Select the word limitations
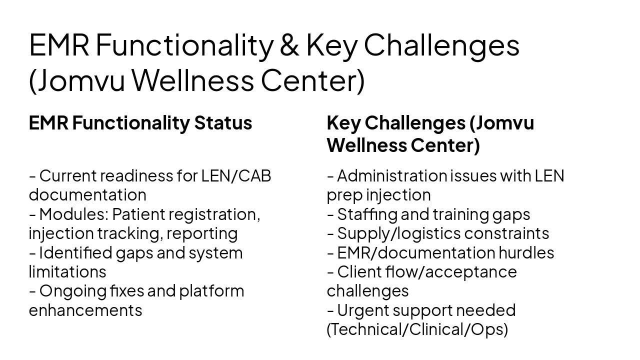(x=67, y=272)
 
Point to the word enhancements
(x=85, y=310)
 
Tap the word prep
(x=344, y=195)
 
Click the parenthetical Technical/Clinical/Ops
(x=417, y=330)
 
